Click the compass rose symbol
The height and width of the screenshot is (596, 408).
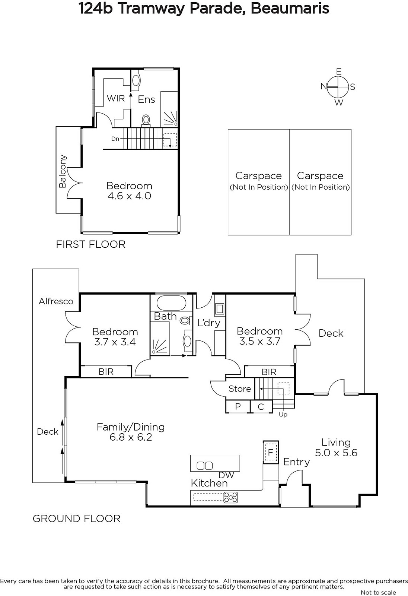[x=338, y=87]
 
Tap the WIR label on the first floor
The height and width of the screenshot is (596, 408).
[x=116, y=98]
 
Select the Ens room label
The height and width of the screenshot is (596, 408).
[x=146, y=99]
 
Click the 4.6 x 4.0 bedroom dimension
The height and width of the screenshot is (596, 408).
[x=129, y=196]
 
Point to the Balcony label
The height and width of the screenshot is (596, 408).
[x=63, y=171]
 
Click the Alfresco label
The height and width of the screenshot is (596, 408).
[x=56, y=301]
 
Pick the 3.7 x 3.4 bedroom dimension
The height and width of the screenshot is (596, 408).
[x=115, y=342]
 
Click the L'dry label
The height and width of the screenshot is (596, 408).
[x=209, y=323]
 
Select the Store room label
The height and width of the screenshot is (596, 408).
[x=240, y=389]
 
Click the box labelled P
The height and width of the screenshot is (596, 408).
[x=238, y=406]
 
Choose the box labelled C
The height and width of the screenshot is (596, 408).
[x=261, y=406]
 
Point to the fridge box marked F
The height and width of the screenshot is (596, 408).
[x=271, y=452]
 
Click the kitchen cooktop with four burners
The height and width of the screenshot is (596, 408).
[x=230, y=497]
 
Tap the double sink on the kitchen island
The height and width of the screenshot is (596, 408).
[x=204, y=466]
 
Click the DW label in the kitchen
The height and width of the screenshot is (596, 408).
[x=226, y=475]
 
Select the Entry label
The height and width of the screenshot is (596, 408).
[x=296, y=462]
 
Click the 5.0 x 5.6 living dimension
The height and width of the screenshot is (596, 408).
[x=336, y=453]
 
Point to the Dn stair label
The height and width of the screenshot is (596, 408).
[x=115, y=139]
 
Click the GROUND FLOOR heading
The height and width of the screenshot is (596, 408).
[x=76, y=519]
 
